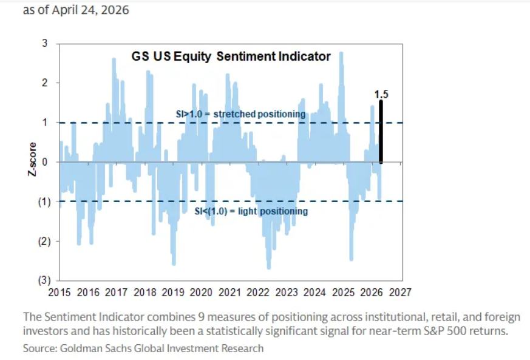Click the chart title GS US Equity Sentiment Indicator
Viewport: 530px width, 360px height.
(231, 56)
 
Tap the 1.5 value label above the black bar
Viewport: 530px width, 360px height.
(381, 94)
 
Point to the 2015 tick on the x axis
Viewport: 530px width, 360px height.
(59, 292)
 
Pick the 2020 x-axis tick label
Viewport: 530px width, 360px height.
(201, 292)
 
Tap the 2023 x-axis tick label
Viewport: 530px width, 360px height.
(286, 292)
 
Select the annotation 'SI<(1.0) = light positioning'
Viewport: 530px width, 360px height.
(251, 211)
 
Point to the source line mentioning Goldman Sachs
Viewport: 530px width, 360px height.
(143, 348)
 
